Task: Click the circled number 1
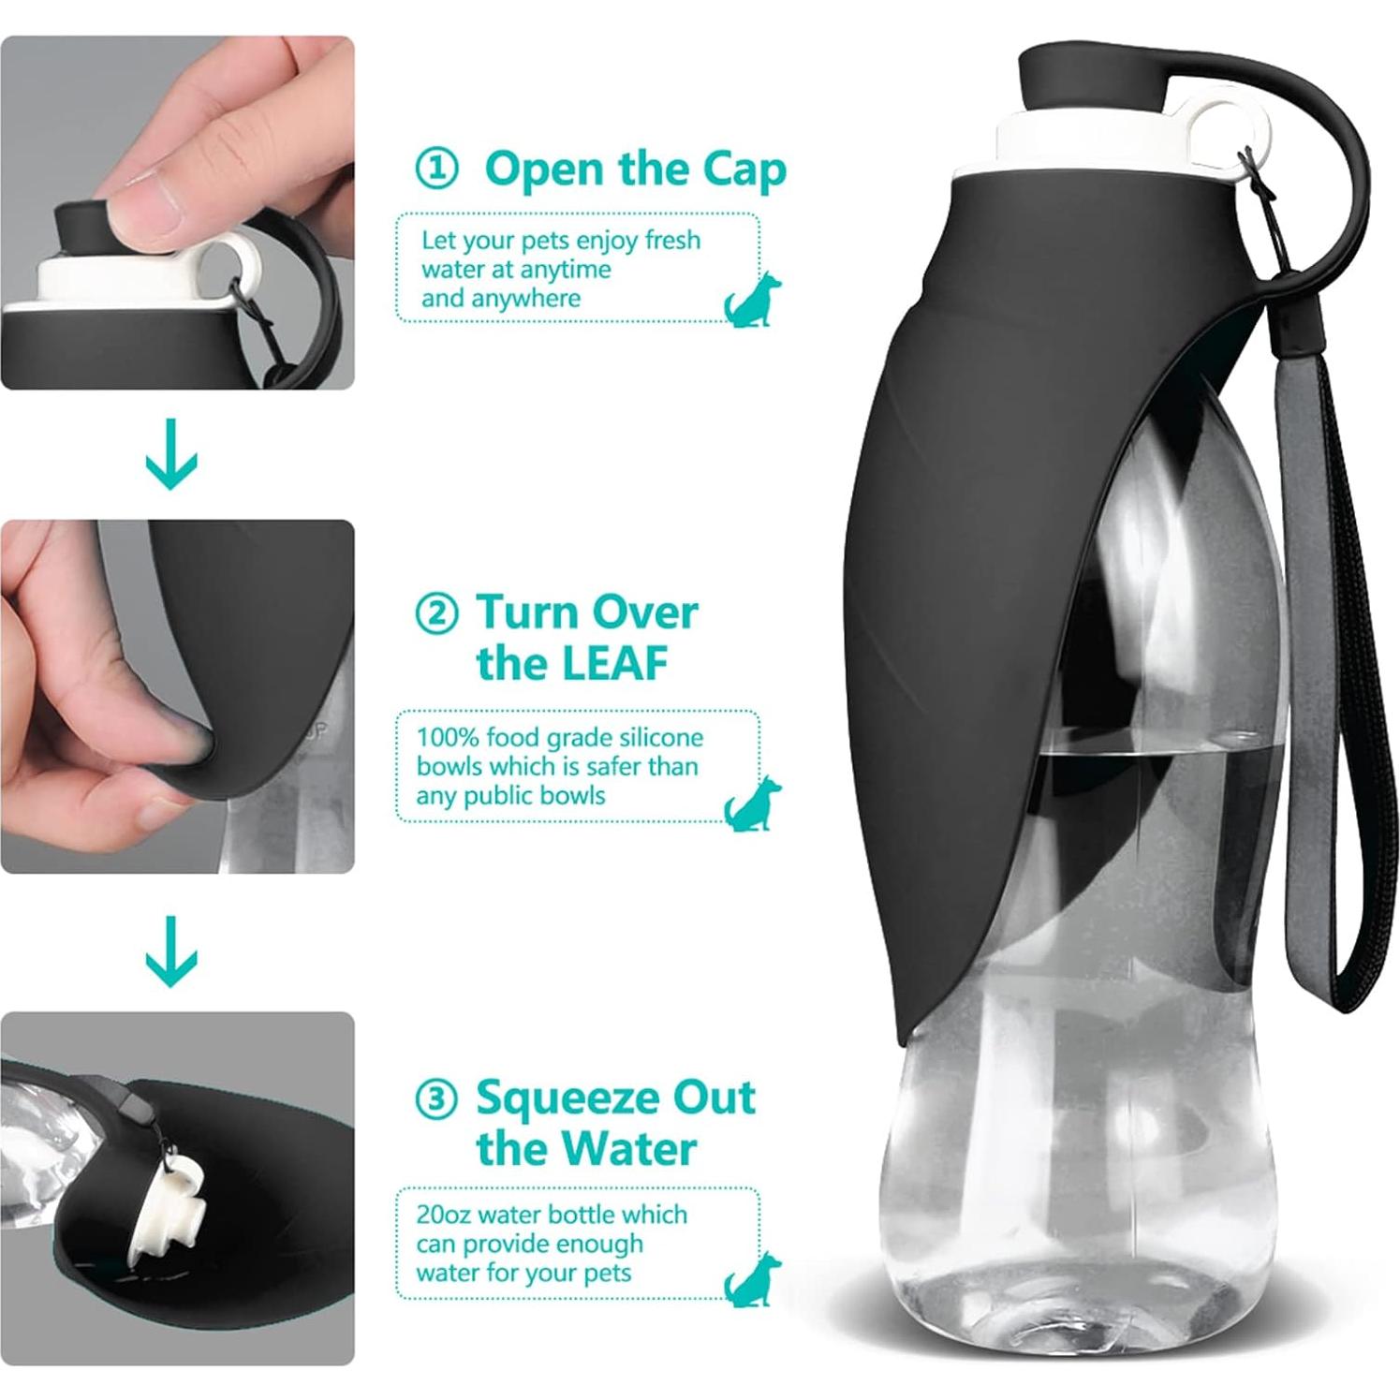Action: [x=436, y=169]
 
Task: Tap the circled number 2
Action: [x=436, y=614]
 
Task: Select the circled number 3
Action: [x=436, y=1098]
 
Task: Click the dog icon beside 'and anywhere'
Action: [x=751, y=299]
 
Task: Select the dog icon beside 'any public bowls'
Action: [x=751, y=803]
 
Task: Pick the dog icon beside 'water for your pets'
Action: [x=751, y=1278]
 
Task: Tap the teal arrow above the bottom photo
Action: [x=172, y=951]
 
